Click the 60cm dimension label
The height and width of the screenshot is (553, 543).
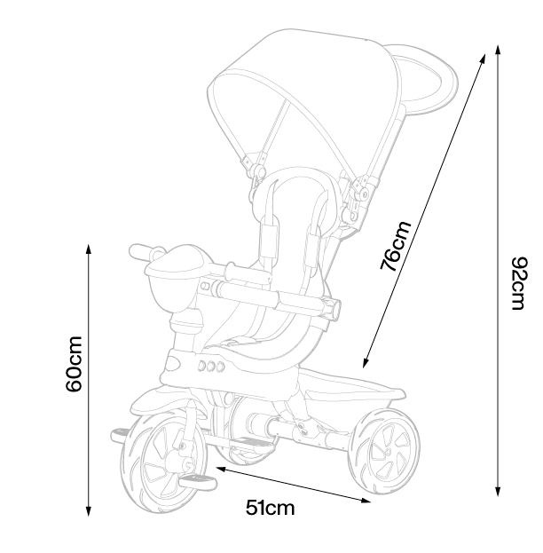74,364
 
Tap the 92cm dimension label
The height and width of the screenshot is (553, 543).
520,283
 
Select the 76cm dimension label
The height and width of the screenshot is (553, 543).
396,246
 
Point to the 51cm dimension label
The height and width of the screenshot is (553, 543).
270,508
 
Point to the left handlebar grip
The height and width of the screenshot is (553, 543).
140,252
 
